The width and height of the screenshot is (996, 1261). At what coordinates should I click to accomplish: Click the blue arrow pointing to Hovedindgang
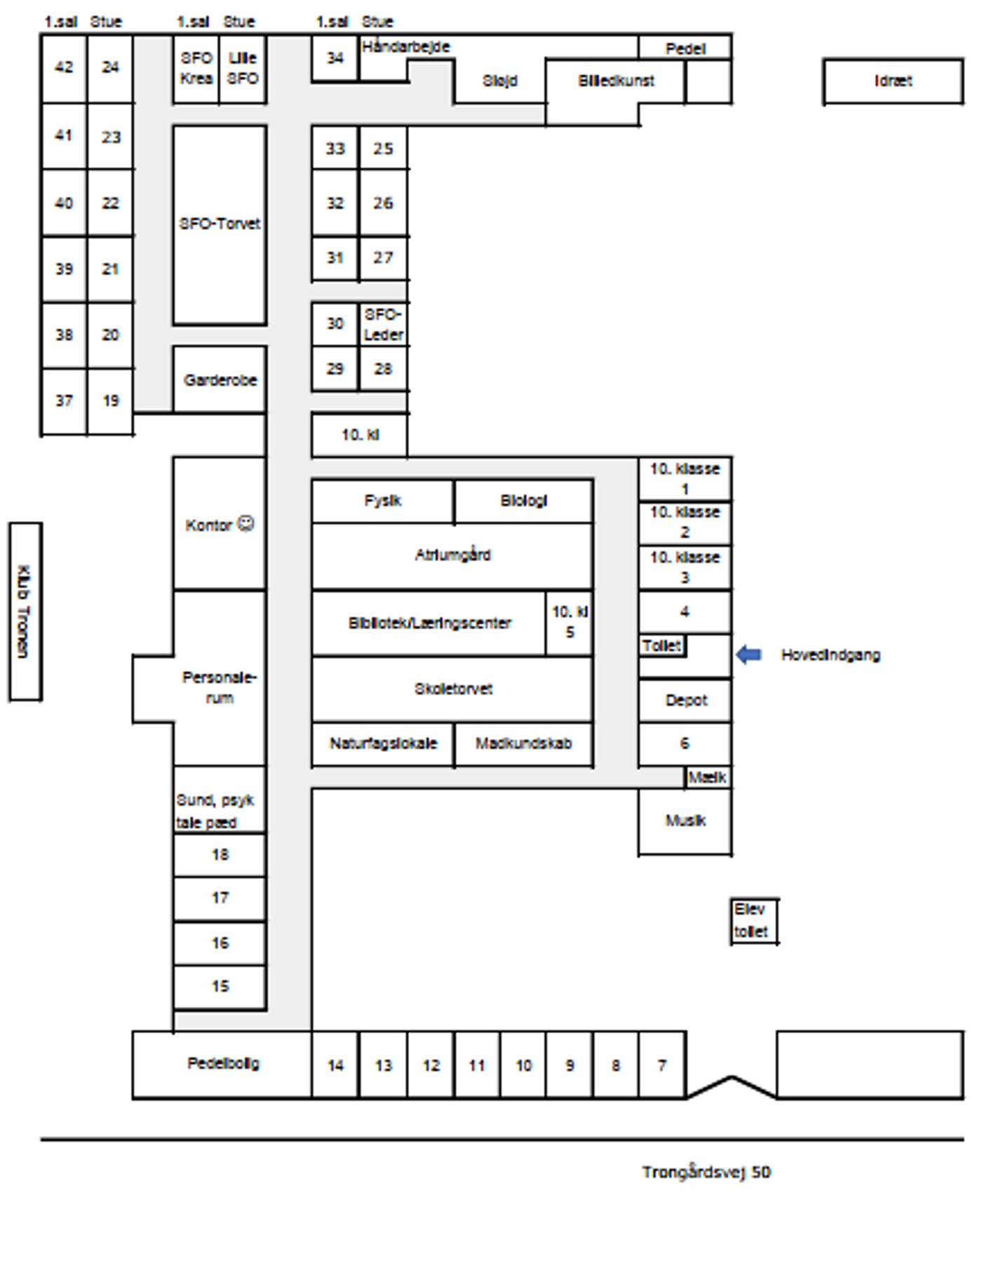pyautogui.click(x=748, y=654)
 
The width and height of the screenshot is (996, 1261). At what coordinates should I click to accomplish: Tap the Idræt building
pyautogui.click(x=893, y=81)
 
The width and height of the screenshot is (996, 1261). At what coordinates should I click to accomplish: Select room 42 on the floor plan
pyautogui.click(x=64, y=67)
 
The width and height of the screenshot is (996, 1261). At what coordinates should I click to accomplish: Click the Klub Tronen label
pyautogui.click(x=25, y=611)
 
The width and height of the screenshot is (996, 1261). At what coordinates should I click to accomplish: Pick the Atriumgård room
pyautogui.click(x=452, y=555)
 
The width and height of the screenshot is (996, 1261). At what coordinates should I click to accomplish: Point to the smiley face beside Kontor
pyautogui.click(x=245, y=523)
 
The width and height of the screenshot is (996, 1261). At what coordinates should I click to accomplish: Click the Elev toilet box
pyautogui.click(x=753, y=921)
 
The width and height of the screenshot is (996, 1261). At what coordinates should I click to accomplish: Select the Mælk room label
pyautogui.click(x=707, y=777)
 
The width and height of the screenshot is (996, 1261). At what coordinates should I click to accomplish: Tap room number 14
pyautogui.click(x=335, y=1065)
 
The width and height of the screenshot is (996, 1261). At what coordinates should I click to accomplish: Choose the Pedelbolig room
pyautogui.click(x=223, y=1063)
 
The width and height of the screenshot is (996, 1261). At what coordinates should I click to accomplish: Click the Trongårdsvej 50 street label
pyautogui.click(x=706, y=1172)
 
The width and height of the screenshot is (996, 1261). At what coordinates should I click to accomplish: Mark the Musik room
pyautogui.click(x=685, y=821)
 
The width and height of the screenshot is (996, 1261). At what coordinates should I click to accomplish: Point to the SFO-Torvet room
pyautogui.click(x=220, y=224)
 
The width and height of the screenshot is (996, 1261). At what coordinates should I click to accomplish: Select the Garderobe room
pyautogui.click(x=220, y=380)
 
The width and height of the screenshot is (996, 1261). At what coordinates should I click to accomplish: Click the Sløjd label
pyautogui.click(x=499, y=81)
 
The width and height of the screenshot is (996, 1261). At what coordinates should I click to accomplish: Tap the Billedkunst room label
pyautogui.click(x=615, y=81)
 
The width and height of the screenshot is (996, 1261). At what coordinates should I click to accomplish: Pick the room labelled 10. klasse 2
pyautogui.click(x=685, y=522)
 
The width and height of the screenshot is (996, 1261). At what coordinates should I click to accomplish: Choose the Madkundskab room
pyautogui.click(x=523, y=743)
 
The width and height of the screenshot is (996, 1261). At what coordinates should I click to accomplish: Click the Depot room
pyautogui.click(x=685, y=700)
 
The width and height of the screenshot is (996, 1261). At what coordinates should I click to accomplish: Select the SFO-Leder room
pyautogui.click(x=383, y=324)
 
